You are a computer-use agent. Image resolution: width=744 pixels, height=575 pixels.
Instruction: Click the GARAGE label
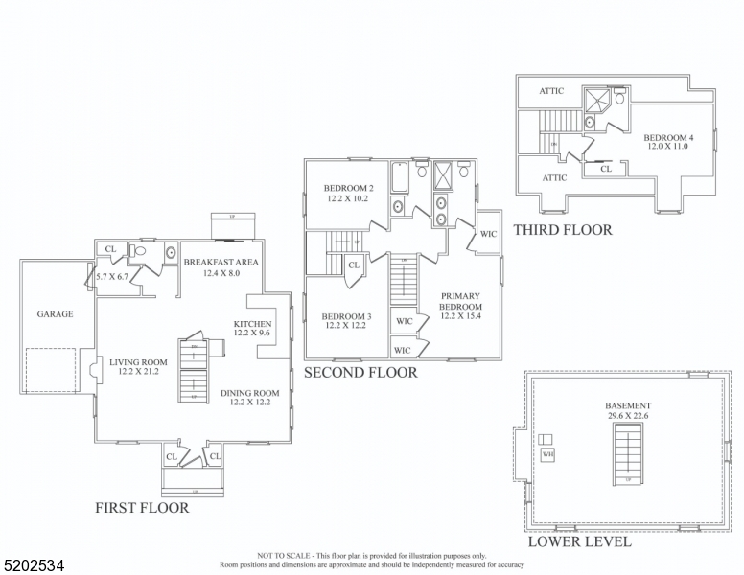tap(55, 313)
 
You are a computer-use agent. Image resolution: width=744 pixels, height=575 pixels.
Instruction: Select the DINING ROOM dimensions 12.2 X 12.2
tap(249, 403)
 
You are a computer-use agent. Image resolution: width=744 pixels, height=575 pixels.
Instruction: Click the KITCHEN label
tap(252, 324)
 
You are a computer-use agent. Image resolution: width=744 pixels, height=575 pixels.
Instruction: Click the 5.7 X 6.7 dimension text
tap(112, 276)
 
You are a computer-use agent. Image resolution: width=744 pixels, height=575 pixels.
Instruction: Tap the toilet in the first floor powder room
tap(140, 253)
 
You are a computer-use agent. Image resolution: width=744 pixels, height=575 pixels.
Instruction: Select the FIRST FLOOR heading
tap(141, 508)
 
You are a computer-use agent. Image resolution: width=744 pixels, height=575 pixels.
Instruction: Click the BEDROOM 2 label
tap(348, 188)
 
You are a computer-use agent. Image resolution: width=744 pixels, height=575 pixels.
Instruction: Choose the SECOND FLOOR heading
tap(360, 372)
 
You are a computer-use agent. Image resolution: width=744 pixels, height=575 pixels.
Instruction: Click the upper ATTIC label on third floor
tap(550, 91)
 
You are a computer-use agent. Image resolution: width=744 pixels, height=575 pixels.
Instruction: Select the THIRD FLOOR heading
tap(562, 230)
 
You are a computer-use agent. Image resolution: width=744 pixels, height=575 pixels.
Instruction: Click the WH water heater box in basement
tap(547, 454)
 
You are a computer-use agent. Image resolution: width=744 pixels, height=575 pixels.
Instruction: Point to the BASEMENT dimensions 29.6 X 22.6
tap(628, 417)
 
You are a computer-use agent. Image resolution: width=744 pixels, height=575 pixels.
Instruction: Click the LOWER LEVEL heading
tap(579, 541)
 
